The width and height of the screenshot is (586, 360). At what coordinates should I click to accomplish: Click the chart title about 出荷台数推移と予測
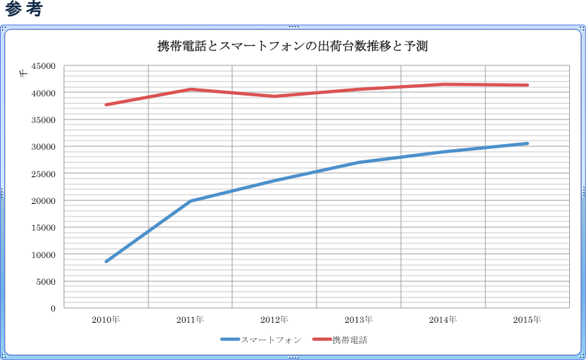(x=293, y=47)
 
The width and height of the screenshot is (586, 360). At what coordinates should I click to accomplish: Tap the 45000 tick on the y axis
(x=44, y=66)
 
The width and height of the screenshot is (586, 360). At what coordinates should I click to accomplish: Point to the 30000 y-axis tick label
(x=44, y=147)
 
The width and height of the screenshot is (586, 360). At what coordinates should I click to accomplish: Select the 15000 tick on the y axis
(x=44, y=228)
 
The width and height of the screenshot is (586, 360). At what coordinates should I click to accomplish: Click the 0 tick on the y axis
(x=53, y=309)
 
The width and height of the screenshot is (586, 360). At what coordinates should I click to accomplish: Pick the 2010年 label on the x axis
(x=106, y=320)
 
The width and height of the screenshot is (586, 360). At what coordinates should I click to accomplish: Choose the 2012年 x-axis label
(x=274, y=320)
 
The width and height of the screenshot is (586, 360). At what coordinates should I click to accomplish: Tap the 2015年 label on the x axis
(x=527, y=320)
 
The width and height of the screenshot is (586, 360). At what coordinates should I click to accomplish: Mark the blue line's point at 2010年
(x=106, y=262)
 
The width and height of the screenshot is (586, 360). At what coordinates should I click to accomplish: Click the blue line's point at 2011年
(x=190, y=201)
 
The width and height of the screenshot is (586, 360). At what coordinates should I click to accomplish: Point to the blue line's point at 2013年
(x=359, y=162)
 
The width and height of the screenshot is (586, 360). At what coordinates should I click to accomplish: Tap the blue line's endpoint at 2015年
(x=527, y=143)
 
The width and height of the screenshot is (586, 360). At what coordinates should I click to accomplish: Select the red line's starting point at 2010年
(x=106, y=105)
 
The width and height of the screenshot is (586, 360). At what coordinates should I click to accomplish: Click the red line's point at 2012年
(x=274, y=96)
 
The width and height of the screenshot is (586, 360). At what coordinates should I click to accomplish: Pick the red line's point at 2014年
(x=443, y=84)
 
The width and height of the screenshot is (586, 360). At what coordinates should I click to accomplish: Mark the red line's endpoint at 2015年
(x=527, y=85)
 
